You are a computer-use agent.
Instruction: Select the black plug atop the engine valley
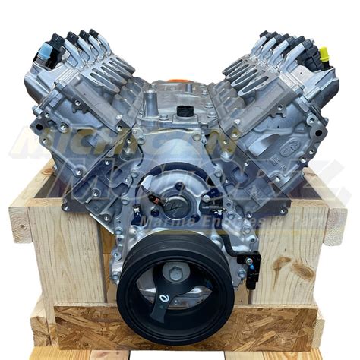[185, 111]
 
